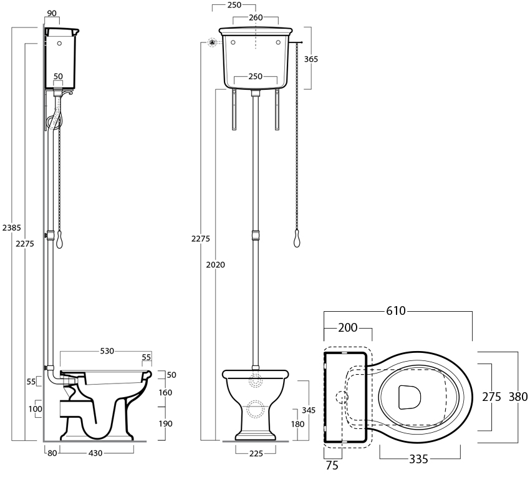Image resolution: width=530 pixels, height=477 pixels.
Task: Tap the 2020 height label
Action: click(x=215, y=264)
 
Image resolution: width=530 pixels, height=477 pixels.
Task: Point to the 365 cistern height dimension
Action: click(x=311, y=59)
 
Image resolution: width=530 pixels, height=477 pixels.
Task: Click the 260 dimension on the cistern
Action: click(x=256, y=17)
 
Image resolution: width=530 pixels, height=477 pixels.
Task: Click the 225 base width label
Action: click(x=256, y=453)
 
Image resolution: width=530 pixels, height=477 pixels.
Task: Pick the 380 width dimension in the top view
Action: click(x=519, y=396)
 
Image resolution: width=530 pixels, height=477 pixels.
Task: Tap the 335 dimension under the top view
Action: click(x=418, y=460)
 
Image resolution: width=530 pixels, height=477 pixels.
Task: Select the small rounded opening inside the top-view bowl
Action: click(x=408, y=396)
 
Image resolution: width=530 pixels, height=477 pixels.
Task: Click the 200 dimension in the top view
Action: click(x=348, y=329)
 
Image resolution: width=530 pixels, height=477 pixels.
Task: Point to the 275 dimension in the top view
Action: click(x=493, y=397)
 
